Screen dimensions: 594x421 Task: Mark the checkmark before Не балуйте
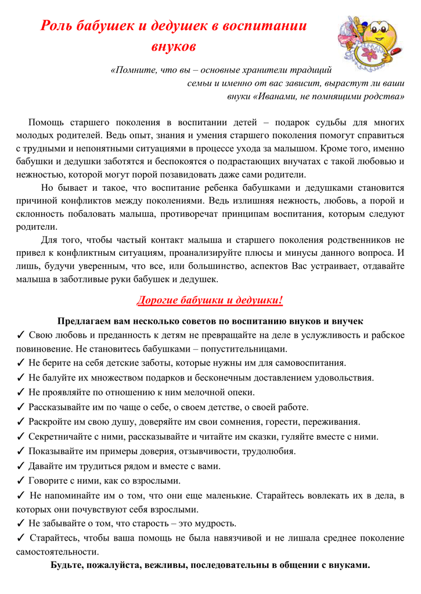[21, 378]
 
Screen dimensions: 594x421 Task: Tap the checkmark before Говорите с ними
[21, 480]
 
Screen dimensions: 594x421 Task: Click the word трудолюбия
[266, 451]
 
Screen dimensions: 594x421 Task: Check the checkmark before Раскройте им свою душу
[21, 422]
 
